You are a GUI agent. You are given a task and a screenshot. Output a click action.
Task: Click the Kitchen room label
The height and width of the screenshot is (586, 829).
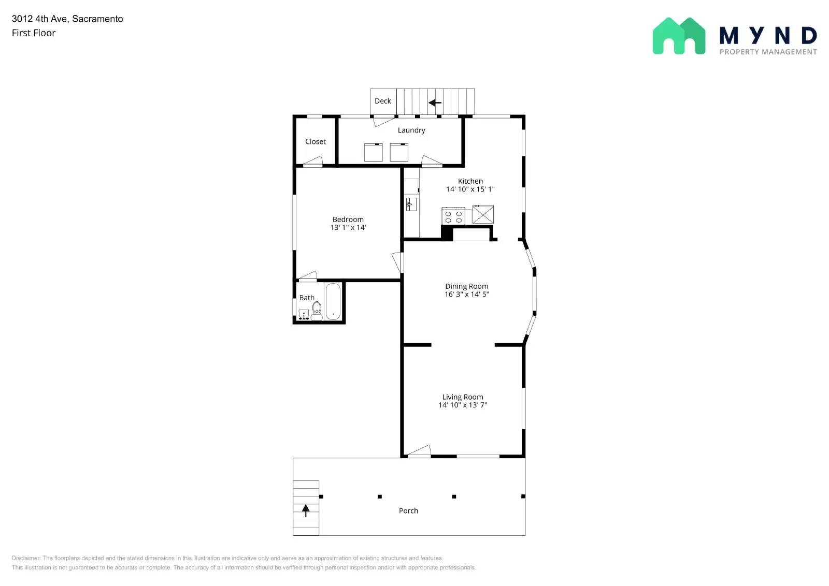pos(470,181)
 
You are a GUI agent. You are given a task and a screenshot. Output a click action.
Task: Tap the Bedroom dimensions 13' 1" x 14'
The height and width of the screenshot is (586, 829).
pos(348,227)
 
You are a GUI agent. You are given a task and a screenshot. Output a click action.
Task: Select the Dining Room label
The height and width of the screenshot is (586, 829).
pos(466,286)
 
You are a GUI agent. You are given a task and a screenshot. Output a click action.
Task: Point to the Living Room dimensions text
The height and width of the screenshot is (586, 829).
pos(463,405)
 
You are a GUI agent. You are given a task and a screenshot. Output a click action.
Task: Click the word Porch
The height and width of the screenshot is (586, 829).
pos(408,510)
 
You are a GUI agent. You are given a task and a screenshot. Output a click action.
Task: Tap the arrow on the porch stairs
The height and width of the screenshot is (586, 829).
pos(306,510)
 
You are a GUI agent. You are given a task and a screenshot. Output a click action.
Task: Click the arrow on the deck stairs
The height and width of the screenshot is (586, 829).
pos(435,102)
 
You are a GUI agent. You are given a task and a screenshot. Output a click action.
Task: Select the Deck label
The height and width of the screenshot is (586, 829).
pos(382,101)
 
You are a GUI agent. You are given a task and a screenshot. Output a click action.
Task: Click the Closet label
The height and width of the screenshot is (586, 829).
pos(315,141)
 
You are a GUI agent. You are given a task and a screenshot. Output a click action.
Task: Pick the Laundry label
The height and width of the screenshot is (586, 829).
pos(411,130)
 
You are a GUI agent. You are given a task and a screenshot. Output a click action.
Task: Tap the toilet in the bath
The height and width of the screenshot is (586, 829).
pos(317,311)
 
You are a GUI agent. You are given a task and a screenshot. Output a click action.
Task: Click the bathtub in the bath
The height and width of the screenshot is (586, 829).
pos(333,301)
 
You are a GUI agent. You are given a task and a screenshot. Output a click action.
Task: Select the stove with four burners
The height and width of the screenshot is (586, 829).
pos(453,216)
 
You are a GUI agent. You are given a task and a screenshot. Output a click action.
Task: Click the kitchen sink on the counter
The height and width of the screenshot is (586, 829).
pos(411,204)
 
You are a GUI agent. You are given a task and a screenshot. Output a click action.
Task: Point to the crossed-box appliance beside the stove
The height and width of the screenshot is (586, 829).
pos(483,214)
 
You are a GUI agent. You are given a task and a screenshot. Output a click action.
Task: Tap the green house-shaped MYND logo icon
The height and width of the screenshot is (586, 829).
pos(679,36)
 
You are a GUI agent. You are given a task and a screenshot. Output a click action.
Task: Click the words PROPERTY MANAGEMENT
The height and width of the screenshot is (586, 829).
pos(768,52)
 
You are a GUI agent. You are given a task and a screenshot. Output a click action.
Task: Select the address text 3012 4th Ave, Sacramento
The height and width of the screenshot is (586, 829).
pos(67,19)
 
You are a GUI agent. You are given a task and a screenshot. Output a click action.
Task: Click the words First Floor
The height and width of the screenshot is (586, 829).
pos(34,33)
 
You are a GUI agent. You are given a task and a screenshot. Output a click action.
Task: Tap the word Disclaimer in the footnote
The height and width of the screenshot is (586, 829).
pos(25,558)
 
